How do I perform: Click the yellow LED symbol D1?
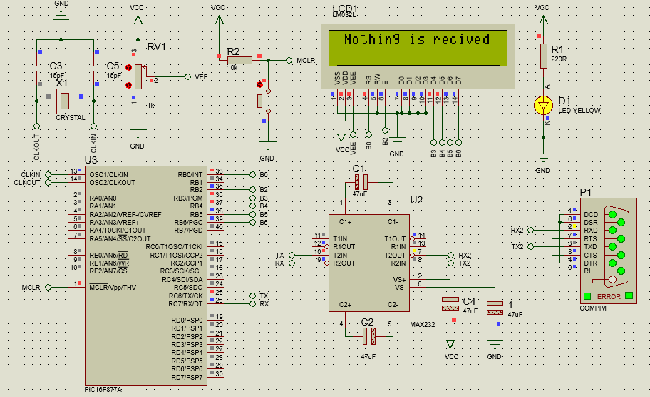tap(543, 105)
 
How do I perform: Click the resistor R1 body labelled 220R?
tap(543, 56)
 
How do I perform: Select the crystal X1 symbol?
tap(65, 99)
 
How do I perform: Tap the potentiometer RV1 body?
tap(138, 76)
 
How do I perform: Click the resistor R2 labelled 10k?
tap(239, 61)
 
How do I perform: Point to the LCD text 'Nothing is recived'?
tap(417, 40)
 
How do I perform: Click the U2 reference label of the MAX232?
tap(416, 200)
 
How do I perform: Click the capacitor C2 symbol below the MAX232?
tap(368, 336)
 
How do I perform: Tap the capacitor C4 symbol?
tap(450, 303)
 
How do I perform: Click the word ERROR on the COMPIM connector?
tap(609, 296)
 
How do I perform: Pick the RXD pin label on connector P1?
tap(591, 231)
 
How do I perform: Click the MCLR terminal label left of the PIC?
tap(31, 287)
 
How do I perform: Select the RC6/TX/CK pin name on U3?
tap(186, 296)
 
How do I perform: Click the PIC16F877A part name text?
tap(103, 390)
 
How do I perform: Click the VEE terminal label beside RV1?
tap(202, 76)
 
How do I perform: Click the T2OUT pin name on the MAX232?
tap(395, 255)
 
